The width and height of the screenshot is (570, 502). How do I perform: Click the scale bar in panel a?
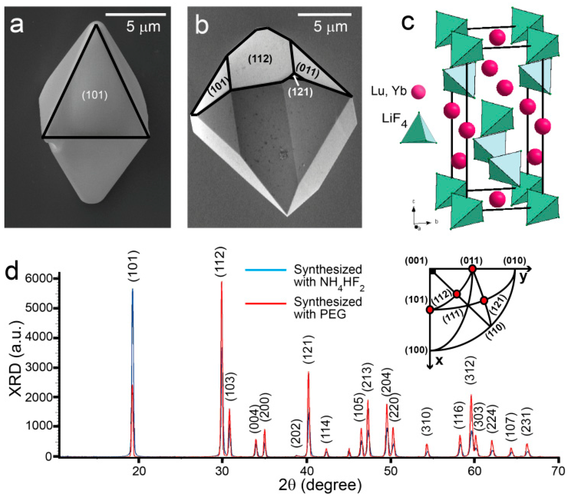[136, 14]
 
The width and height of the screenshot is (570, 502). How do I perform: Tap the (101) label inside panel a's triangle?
[95, 96]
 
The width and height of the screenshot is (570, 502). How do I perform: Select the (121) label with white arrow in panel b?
[300, 92]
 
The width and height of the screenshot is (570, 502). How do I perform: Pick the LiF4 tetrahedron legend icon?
[418, 128]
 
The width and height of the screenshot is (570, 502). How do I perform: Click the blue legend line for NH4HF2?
[266, 270]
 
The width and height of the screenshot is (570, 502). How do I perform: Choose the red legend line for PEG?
[266, 303]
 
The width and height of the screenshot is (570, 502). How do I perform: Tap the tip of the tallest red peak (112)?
[222, 282]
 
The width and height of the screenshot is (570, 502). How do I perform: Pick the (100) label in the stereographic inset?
[416, 350]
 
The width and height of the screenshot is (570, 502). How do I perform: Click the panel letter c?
[408, 22]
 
